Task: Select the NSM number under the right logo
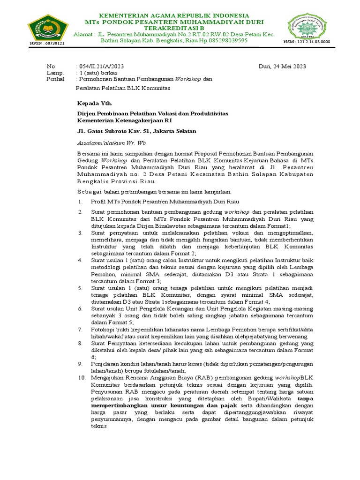(x=307, y=42)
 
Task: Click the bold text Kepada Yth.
(x=95, y=103)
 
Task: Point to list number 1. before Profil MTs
(x=80, y=201)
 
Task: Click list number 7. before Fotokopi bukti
(x=80, y=330)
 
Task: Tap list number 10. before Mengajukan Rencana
(x=81, y=377)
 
